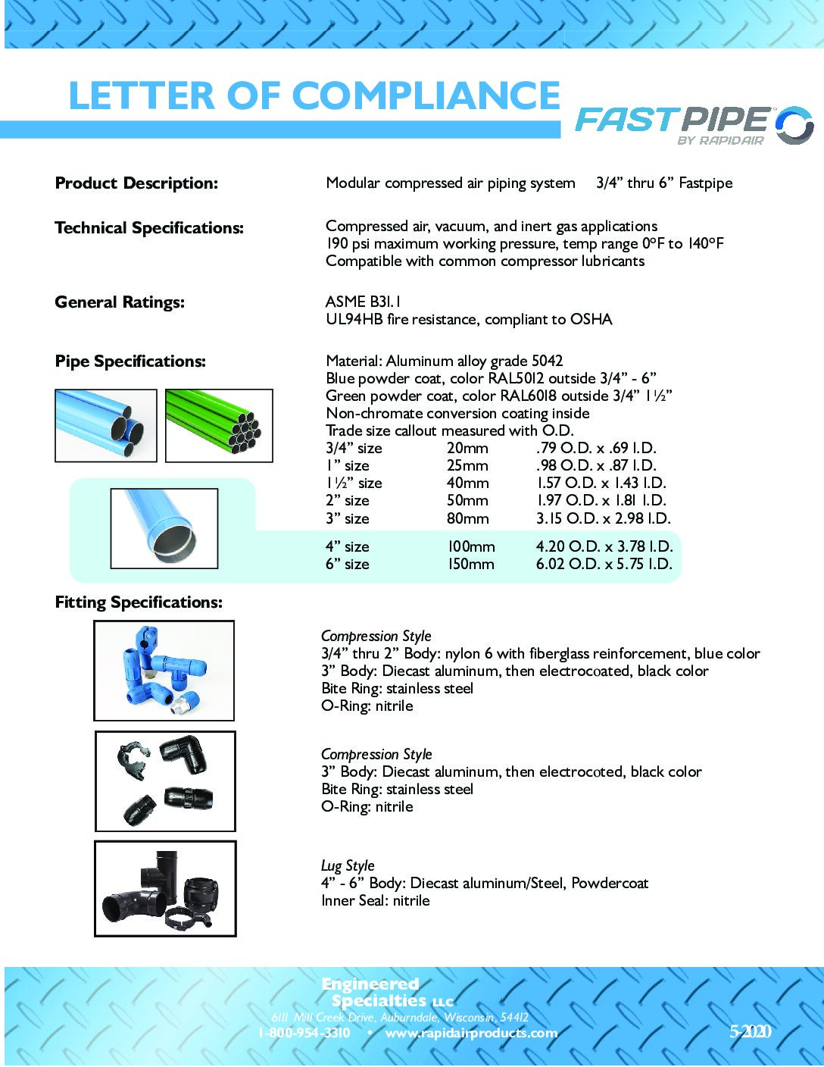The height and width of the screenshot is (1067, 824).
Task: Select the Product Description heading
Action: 136,183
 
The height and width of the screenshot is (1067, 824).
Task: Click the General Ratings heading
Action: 120,302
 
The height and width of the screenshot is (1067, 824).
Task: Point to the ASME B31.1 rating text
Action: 364,302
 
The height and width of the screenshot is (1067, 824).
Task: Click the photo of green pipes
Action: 219,425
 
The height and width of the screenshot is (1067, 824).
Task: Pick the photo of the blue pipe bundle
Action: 105,425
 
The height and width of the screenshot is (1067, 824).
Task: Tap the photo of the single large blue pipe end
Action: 164,528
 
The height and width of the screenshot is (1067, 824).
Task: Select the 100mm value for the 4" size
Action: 470,546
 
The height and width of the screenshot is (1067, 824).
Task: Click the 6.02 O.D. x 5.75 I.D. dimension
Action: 604,564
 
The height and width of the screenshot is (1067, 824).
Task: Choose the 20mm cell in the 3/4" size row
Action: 467,448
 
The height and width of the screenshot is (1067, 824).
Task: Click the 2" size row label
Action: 348,500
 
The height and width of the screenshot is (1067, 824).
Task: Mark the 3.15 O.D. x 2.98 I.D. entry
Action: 603,518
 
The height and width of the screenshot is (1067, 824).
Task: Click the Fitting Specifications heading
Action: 139,602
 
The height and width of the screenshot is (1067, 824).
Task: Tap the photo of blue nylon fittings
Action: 164,670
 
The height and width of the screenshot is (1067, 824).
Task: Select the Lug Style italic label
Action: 348,865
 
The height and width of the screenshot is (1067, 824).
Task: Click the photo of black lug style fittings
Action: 165,888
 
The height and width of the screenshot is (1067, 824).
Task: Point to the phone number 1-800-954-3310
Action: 304,1033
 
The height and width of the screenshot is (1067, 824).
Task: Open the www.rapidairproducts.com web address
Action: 471,1033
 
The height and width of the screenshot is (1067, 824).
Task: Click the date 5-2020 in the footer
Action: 750,1031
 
